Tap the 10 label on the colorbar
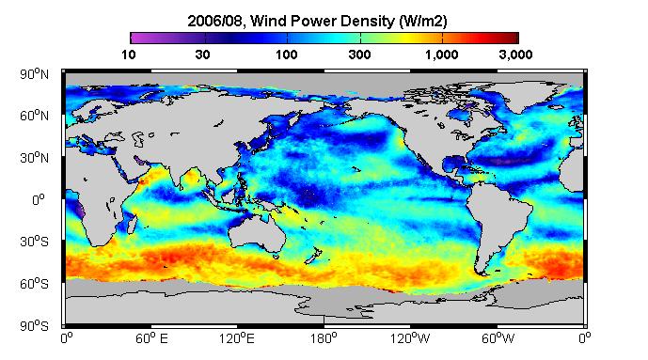point(129,55)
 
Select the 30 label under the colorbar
point(202,55)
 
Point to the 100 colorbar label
point(287,55)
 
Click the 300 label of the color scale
point(359,55)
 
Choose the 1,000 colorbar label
point(441,55)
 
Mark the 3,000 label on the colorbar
point(515,55)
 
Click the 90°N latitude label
point(34,74)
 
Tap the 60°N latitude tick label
point(34,116)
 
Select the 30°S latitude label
point(34,242)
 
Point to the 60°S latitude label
point(34,284)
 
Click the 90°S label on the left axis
point(34,326)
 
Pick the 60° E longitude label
point(151,338)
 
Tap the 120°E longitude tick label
point(237,338)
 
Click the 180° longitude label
point(324,338)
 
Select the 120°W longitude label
point(410,338)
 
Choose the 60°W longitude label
point(498,338)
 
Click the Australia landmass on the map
point(259,234)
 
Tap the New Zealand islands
point(314,255)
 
